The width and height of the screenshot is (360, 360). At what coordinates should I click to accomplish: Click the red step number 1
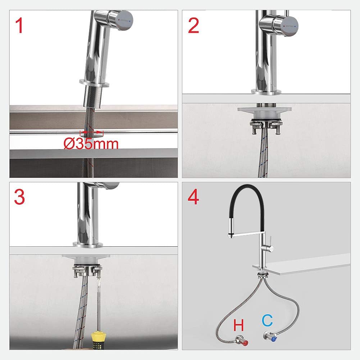pos(19,26)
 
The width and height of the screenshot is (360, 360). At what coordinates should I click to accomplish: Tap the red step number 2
pos(193,26)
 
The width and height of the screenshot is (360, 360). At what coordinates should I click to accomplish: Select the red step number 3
pos(19,197)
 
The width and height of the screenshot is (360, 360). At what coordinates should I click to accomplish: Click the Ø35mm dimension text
pos(91,144)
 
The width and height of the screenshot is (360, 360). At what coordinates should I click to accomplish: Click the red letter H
pos(238,325)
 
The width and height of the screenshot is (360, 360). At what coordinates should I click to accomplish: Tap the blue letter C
pos(268,320)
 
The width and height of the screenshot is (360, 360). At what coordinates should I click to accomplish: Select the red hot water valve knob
pos(245,343)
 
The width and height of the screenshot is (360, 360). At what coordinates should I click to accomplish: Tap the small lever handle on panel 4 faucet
pos(270,241)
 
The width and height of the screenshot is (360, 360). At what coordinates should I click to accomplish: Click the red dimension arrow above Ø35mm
pos(92,132)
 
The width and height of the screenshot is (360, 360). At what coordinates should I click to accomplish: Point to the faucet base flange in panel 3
pos(87,245)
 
